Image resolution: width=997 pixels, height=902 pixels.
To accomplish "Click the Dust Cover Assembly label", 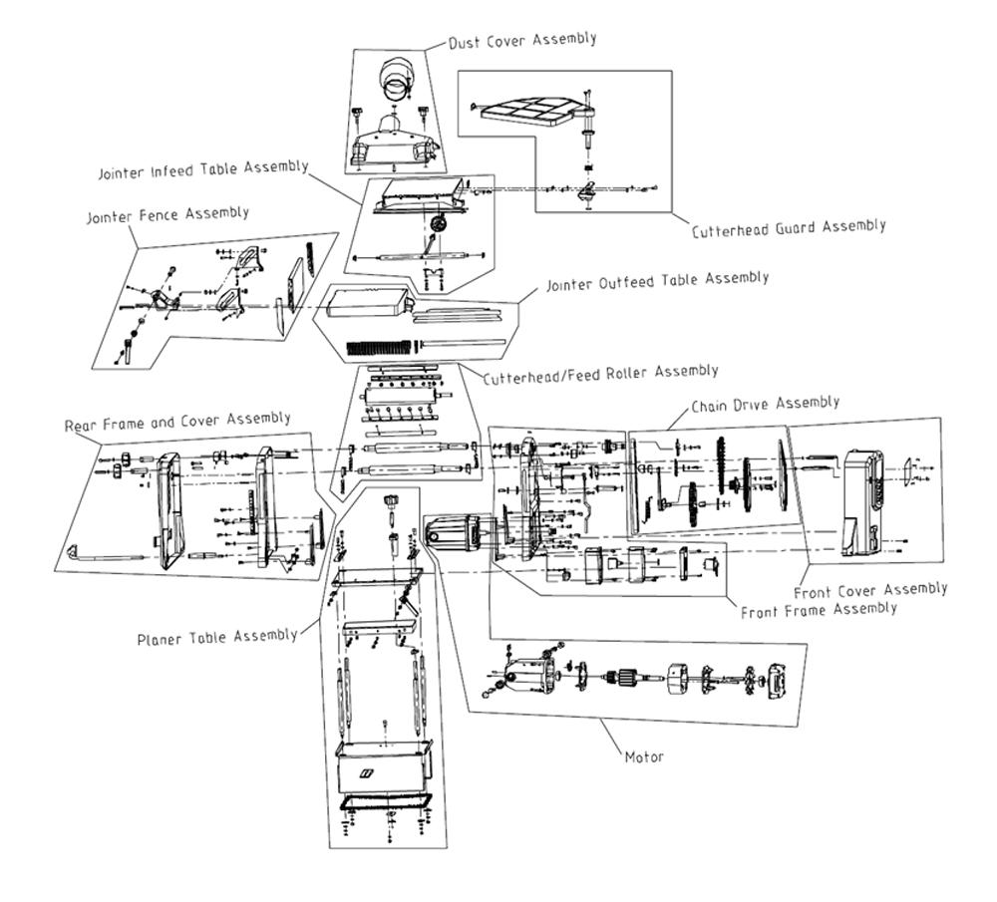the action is coord(522,40).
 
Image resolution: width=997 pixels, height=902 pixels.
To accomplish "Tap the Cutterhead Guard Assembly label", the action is coord(789,228).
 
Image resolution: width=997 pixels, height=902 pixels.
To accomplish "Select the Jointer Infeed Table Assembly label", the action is coord(203,169).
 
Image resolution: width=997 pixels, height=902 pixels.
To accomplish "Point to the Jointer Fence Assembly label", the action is coord(167,215).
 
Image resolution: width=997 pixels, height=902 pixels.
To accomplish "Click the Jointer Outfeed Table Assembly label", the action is coord(657,281).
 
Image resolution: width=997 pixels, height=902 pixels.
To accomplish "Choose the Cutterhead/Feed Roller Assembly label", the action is coord(601,375).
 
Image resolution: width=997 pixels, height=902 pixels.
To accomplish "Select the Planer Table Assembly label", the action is coord(217,637).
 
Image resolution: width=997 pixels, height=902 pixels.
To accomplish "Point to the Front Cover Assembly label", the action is coord(870,590).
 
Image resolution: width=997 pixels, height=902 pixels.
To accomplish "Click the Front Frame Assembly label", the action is coord(819,610).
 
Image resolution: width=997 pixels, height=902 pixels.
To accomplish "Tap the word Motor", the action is coord(644,757).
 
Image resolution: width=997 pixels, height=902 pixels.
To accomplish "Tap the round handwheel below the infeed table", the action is coord(438,224).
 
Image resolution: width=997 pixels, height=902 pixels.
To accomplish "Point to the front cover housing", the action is coord(863,503).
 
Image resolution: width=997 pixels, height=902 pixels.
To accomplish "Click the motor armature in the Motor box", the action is coord(620,679).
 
